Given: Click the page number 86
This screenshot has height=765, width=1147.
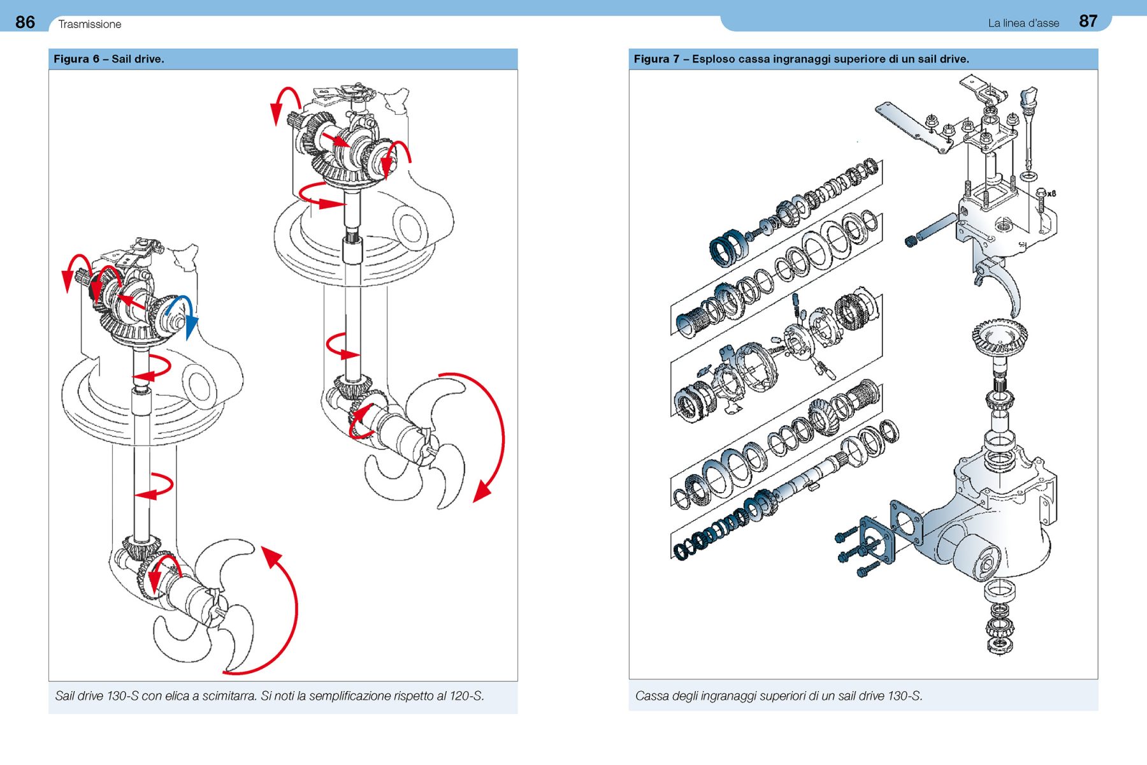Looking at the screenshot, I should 25,22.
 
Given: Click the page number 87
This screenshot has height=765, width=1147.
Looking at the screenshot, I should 1088,22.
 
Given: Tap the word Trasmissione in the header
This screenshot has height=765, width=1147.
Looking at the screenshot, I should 89,24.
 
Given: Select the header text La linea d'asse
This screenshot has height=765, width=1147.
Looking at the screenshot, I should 1023,24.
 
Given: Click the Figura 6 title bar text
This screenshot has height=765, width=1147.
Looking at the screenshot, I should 109,59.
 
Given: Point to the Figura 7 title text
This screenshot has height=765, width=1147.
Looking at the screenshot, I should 801,59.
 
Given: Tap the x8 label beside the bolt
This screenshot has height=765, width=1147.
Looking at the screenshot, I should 1051,193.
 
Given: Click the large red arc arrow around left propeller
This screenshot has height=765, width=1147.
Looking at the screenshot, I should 287,612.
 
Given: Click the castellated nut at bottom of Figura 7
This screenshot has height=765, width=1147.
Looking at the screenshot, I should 999,645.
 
